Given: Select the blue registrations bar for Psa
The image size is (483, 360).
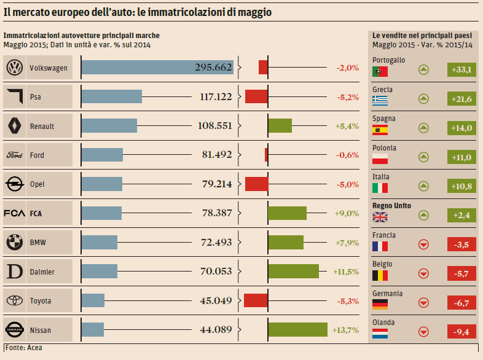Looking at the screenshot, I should (111, 96).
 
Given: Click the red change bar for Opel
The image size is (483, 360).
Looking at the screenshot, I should (256, 184).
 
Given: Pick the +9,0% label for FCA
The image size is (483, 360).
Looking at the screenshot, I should (347, 213).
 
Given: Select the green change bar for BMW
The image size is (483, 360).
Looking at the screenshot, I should (286, 242).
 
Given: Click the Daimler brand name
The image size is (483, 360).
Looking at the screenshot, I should (42, 272).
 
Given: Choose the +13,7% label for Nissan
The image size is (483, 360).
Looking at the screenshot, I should (345, 330).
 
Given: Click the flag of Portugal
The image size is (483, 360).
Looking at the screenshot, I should (380, 71).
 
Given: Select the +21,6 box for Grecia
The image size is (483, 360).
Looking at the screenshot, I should (461, 99).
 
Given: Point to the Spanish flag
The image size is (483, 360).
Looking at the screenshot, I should (380, 130).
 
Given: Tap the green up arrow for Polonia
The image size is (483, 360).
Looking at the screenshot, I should (423, 157).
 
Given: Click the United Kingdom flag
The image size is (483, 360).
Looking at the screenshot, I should (380, 217).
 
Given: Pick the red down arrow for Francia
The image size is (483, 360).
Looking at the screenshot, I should (423, 245).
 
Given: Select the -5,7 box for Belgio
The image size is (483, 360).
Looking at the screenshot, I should (461, 274).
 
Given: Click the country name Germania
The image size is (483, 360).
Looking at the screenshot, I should (387, 293).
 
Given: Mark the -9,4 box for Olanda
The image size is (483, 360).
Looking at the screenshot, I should (461, 332).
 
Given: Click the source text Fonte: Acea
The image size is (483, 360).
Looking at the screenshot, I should (23, 348).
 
